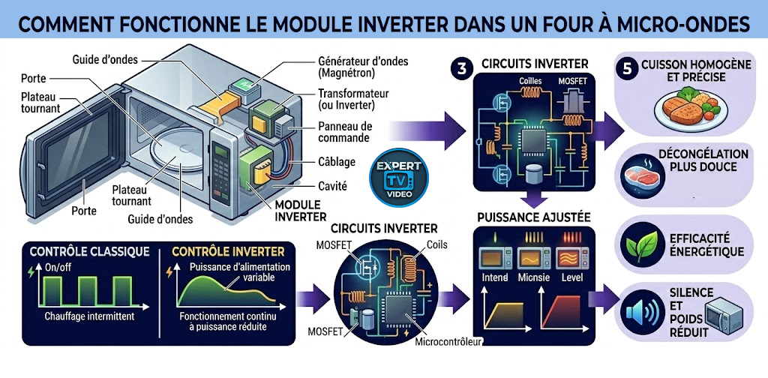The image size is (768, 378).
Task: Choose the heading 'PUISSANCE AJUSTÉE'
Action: [534, 218]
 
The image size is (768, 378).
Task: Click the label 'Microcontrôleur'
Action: [448, 343]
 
